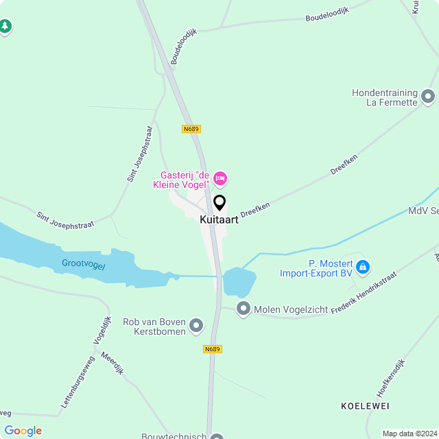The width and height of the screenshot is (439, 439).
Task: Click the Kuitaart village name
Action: coord(219,220)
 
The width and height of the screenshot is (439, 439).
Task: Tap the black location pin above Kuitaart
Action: coord(219,203)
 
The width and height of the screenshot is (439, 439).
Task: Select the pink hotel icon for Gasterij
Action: coord(220,179)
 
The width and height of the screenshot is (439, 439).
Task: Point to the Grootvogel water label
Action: coord(84,264)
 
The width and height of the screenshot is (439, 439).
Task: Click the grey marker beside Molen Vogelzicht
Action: coord(244,309)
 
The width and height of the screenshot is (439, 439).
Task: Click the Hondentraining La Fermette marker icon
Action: coord(429,97)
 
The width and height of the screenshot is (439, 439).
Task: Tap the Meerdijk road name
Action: coord(111,363)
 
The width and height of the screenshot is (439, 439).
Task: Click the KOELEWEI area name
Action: coord(365,406)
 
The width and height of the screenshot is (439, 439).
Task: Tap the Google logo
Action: coord(23,431)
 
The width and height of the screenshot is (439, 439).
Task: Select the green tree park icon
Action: coord(5,27)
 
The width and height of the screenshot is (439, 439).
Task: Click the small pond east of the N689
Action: coord(239,281)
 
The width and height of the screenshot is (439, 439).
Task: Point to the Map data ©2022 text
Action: coord(410,434)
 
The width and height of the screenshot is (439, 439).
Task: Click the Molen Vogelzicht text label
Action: coord(291,309)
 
